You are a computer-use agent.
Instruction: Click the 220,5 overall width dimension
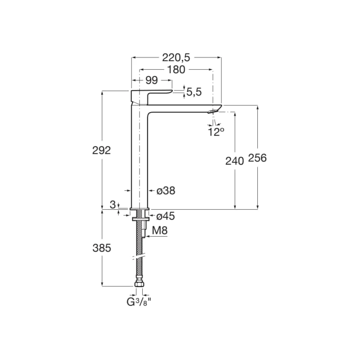tap(176, 57)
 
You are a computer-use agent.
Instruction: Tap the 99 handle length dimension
tap(152, 80)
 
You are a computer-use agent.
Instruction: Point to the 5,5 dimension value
tap(193, 92)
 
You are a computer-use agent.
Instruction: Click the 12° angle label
tap(216, 131)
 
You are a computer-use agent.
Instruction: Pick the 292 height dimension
tap(102, 150)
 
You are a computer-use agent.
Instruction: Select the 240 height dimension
tap(234, 160)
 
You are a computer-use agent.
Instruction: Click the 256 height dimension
tap(257, 158)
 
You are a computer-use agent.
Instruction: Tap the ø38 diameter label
tap(166, 191)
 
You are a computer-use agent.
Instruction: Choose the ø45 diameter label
tap(166, 216)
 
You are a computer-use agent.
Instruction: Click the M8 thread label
tap(160, 231)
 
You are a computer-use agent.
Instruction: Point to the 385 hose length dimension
tap(102, 247)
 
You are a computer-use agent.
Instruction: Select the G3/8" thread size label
tap(139, 301)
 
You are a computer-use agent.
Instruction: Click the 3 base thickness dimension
tap(113, 205)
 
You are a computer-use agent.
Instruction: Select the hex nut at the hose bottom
tap(139, 284)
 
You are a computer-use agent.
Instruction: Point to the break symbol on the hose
tap(139, 257)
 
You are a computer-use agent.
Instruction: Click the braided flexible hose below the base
tap(139, 238)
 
